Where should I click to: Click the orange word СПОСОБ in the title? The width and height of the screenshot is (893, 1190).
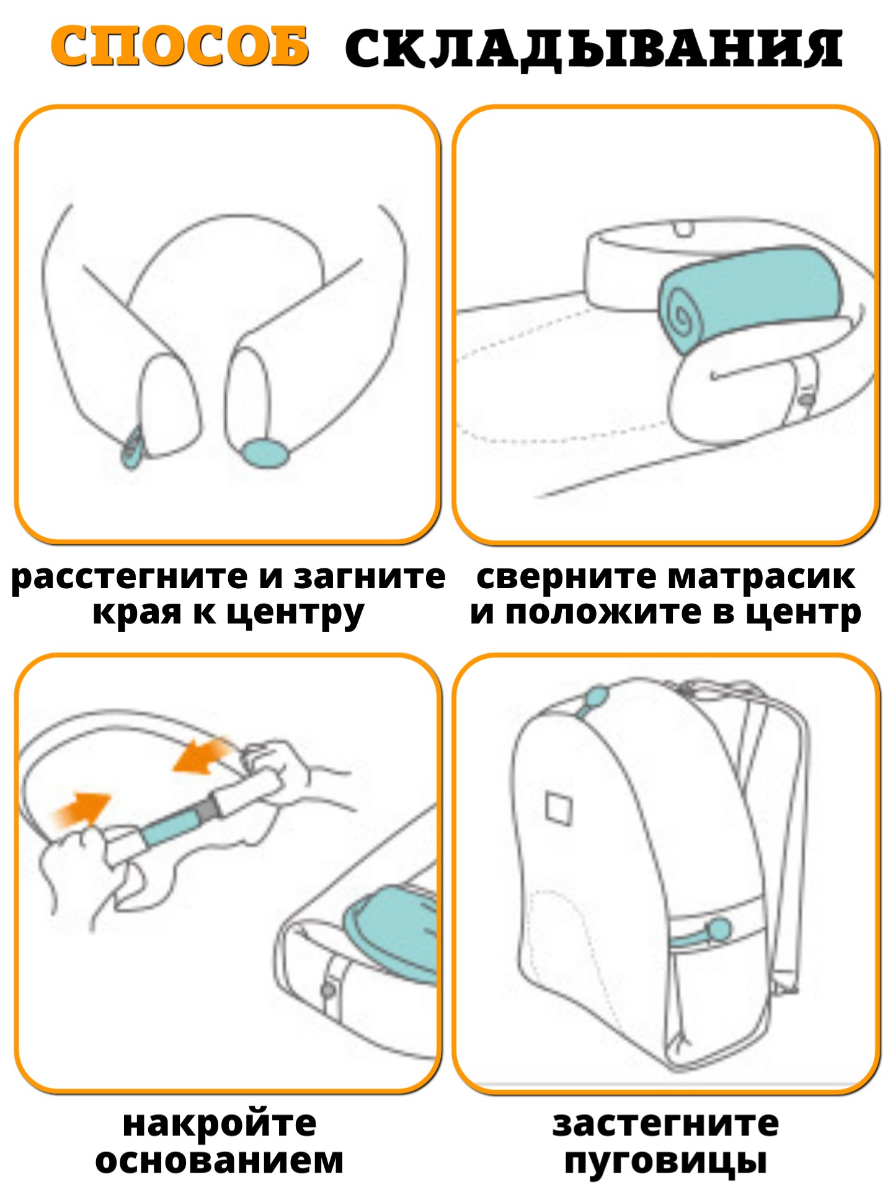(180, 46)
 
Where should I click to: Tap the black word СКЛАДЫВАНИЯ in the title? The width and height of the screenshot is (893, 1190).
(594, 48)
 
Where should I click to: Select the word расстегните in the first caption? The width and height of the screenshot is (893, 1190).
(130, 577)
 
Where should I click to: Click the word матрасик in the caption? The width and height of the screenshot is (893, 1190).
(762, 578)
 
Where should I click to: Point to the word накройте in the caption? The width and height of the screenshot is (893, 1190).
(220, 1124)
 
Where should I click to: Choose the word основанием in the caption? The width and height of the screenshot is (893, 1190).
(220, 1160)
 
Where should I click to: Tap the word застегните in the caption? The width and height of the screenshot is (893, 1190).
(665, 1124)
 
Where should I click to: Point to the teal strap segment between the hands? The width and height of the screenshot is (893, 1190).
(171, 824)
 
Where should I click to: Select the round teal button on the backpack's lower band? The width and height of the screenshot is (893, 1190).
(719, 928)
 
